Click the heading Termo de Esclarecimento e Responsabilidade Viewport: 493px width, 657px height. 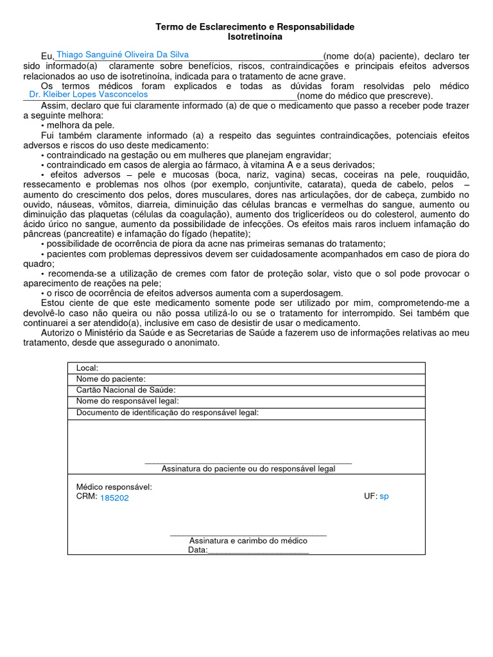(255, 27)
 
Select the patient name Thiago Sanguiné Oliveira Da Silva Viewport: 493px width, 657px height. (123, 55)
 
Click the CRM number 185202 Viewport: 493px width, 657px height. (114, 498)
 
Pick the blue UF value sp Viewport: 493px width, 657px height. (384, 497)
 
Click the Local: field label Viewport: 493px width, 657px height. (87, 368)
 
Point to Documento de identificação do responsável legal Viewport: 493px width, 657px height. (168, 413)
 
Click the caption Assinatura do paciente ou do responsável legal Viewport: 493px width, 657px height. (248, 469)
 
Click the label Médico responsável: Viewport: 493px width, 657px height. (114, 487)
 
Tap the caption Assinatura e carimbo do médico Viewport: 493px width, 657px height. (248, 540)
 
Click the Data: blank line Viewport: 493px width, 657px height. (258, 550)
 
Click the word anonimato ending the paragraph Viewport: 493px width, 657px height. (196, 343)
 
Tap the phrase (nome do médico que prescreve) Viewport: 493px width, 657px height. (365, 96)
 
